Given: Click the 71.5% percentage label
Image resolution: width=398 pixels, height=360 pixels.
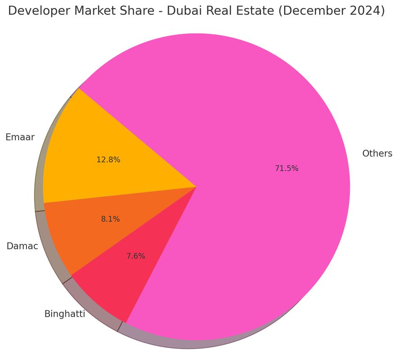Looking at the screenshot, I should pos(287,169).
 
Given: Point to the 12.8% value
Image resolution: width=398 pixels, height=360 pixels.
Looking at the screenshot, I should pos(109,160).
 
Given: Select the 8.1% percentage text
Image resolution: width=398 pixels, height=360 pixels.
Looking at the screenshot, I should pos(110,219).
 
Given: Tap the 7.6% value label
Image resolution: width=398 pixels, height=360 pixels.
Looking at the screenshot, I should pos(136,256).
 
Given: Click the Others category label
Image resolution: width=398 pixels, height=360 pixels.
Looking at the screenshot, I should pos(377,153).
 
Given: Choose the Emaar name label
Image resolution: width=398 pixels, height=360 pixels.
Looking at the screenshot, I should pos(20,137).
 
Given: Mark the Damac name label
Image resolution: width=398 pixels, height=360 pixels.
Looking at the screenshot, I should pos(22,246).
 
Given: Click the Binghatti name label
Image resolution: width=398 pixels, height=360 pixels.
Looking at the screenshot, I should pos(64,314).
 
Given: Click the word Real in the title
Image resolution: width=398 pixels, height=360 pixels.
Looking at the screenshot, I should pos(217,11).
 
